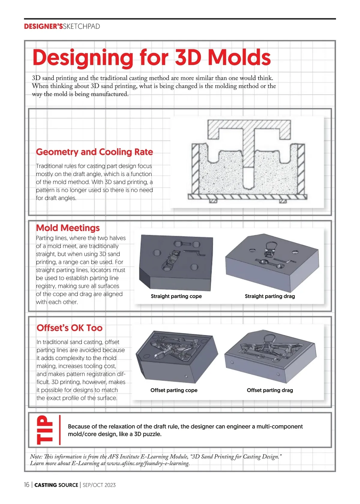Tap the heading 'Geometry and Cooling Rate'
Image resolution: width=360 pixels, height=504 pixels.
94,152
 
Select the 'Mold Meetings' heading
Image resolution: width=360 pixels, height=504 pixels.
68,228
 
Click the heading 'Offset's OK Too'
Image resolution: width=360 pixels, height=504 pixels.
70,328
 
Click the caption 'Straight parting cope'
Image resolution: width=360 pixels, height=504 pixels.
176,296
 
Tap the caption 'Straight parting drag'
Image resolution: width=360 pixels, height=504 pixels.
270,296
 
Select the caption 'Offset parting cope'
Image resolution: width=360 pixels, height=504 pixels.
174,390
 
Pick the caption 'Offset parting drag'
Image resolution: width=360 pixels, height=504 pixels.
270,390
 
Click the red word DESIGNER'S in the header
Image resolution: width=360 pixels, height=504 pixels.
43,26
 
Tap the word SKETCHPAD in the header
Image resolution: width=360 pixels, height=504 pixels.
81,26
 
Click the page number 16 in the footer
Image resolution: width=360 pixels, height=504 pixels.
27,485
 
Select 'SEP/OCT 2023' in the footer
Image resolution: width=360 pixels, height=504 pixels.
99,485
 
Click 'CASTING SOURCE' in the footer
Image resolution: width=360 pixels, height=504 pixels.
56,485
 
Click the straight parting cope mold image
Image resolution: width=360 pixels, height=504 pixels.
176,262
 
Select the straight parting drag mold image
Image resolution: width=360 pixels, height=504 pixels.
271,262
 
